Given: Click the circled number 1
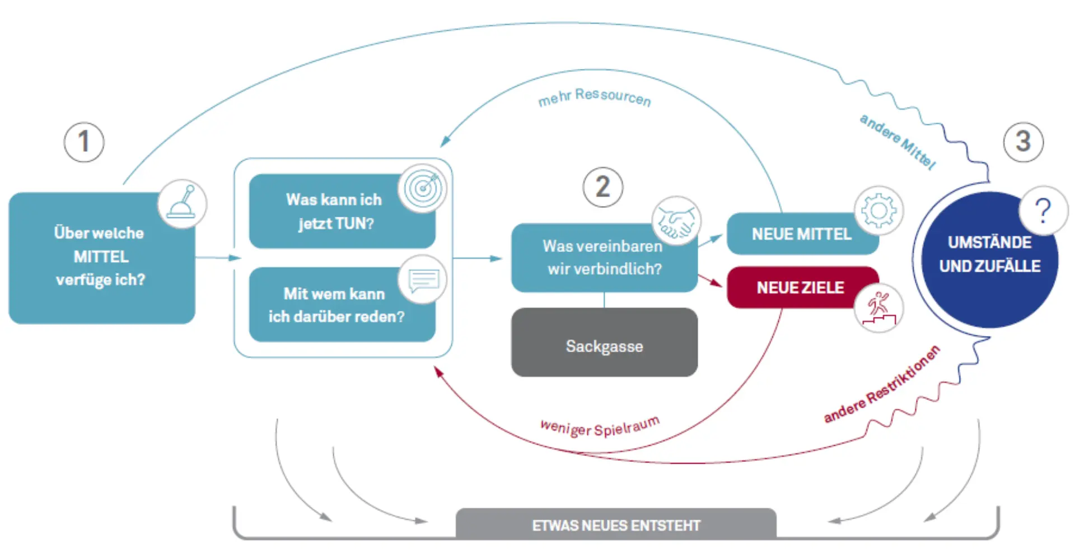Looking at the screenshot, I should click(x=84, y=142).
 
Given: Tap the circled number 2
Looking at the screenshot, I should click(x=602, y=187).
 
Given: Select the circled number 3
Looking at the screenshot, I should click(x=1023, y=142).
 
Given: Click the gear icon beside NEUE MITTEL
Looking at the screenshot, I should click(x=878, y=210).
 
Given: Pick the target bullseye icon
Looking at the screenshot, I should click(x=423, y=189).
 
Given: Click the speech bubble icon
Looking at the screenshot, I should click(x=423, y=280).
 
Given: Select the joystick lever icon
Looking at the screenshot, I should click(x=183, y=204).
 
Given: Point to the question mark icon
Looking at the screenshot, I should click(x=1043, y=211).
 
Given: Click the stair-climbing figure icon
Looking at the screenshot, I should click(x=878, y=308).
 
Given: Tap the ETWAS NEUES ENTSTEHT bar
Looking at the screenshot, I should click(x=616, y=525).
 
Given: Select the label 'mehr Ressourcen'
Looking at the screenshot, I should click(x=594, y=97).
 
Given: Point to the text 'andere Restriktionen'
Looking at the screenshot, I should click(x=882, y=385).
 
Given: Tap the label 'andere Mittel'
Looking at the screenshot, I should click(x=898, y=142).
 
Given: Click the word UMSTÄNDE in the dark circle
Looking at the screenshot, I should click(x=989, y=242).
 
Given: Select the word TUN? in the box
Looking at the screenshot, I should click(x=354, y=223).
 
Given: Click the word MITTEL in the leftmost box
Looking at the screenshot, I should click(x=101, y=256).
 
